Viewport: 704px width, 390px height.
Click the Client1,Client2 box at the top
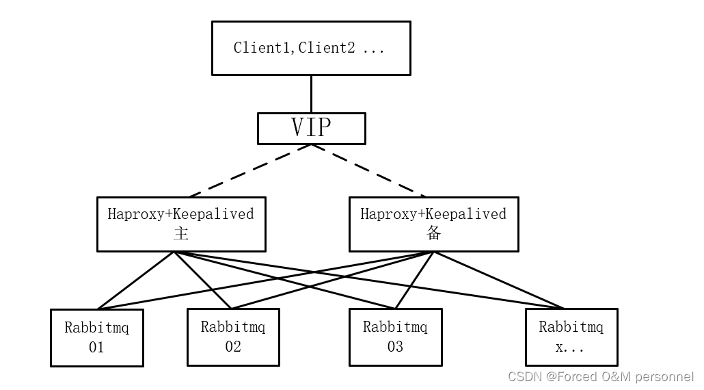pos(311,48)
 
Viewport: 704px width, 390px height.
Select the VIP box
pos(311,128)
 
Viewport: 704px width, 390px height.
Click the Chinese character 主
pos(181,233)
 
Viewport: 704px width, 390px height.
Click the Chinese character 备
pos(433,233)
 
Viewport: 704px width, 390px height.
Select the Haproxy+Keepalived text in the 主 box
pos(181,214)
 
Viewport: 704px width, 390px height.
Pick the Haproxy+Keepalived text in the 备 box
pos(433,214)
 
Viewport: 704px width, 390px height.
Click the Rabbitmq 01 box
pos(96,337)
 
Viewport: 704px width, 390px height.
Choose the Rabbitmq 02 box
pos(233,337)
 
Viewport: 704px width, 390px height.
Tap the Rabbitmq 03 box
pos(395,337)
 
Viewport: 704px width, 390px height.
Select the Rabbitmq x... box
pos(571,337)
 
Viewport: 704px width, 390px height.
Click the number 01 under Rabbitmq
pos(96,348)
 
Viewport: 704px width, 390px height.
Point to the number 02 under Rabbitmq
pos(233,347)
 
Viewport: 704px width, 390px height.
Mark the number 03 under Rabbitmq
pos(395,347)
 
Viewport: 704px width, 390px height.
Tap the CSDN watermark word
pos(525,377)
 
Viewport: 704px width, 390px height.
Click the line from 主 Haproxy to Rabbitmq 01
pos(137,281)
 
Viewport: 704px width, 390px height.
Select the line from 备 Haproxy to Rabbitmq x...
pos(498,281)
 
